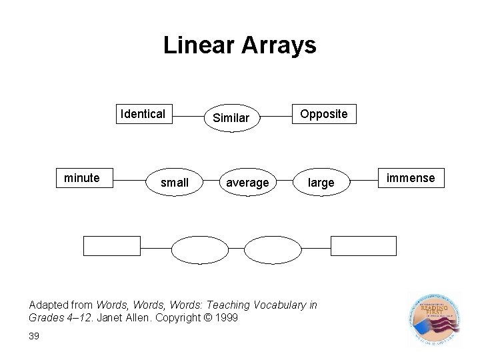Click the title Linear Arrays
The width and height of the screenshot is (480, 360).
click(x=239, y=45)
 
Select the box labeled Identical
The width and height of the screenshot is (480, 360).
click(x=142, y=114)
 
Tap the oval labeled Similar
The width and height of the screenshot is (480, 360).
click(x=231, y=118)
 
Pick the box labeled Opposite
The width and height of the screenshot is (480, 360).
click(x=323, y=114)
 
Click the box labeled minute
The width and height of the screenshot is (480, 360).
click(x=81, y=178)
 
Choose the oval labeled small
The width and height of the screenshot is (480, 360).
click(x=175, y=182)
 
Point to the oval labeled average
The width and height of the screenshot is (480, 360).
click(x=247, y=182)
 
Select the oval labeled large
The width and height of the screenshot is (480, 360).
click(x=321, y=182)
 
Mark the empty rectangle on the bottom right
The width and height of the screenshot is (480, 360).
click(x=354, y=246)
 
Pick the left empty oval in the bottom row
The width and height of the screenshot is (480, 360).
click(x=195, y=249)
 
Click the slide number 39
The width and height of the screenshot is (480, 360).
click(x=35, y=336)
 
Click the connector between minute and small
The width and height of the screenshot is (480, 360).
click(x=129, y=179)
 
